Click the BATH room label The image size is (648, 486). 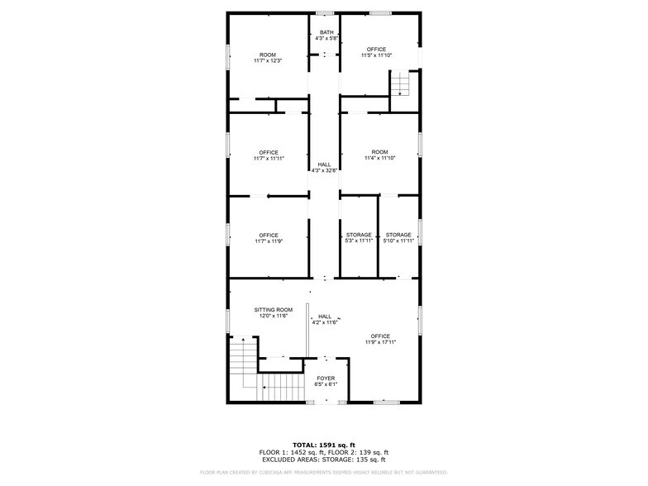tap(326, 32)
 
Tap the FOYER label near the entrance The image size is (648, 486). tap(326, 378)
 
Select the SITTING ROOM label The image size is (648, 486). tap(273, 310)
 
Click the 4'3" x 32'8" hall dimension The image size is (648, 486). tap(324, 171)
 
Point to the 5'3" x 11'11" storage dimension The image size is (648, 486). tap(359, 241)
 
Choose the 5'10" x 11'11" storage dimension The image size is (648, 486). tap(398, 241)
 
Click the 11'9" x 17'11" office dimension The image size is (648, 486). tap(380, 342)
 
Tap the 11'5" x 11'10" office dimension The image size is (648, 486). tap(376, 56)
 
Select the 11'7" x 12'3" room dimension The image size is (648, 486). tap(268, 61)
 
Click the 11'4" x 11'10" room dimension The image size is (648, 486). tap(379, 159)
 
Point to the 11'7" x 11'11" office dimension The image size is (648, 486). tap(269, 159)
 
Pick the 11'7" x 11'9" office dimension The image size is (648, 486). tap(269, 241)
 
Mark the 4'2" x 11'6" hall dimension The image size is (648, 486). tap(325, 322)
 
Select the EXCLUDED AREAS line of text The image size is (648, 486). tap(323, 459)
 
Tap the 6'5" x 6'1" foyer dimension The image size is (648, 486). tap(326, 384)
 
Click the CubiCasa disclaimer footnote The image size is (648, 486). tap(323, 472)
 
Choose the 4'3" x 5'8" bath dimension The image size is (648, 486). tap(326, 39)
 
